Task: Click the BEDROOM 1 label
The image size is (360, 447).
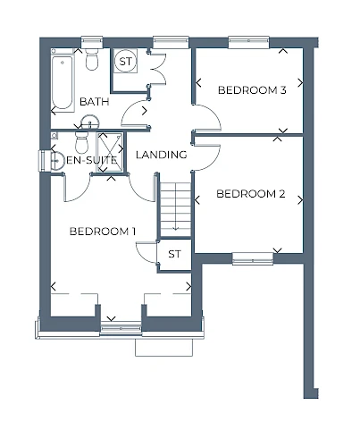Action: pos(103,232)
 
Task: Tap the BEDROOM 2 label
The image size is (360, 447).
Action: pos(251,194)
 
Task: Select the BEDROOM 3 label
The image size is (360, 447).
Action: pos(252,90)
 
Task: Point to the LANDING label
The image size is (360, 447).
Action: pos(162,155)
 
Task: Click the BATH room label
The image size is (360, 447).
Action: pos(95,102)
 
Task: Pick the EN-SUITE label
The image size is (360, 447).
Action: pos(91,160)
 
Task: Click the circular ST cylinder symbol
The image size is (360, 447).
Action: pos(125,61)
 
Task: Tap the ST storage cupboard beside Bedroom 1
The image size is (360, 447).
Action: pos(174,254)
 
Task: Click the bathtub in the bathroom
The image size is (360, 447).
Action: pos(63,82)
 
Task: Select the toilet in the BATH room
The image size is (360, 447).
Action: pos(92,58)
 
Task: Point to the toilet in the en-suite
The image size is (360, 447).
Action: pos(82,142)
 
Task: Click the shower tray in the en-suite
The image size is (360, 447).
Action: pos(110,152)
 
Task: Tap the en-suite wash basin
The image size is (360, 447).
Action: pos(57,161)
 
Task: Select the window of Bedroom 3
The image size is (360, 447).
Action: pos(248,42)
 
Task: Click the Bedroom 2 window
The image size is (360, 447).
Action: pos(253,258)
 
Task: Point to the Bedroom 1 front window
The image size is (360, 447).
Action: pos(121,328)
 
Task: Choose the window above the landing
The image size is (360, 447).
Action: pos(171,42)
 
